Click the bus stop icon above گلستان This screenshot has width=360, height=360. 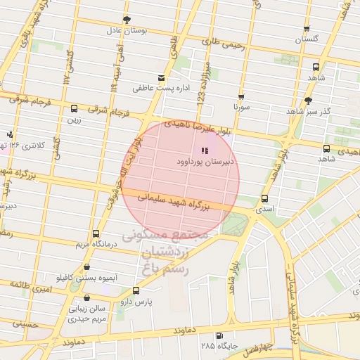[x=307, y=30]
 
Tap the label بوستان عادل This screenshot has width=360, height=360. [x=125, y=30]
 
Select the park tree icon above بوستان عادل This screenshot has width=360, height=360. [x=126, y=19]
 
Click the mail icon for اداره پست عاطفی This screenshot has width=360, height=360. [x=162, y=77]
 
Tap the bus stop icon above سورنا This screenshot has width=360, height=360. [x=241, y=98]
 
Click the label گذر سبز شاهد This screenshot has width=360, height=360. [x=309, y=112]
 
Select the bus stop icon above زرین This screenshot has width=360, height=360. [x=74, y=108]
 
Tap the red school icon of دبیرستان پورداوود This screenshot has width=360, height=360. [x=205, y=150]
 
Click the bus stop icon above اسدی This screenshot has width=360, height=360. [x=264, y=198]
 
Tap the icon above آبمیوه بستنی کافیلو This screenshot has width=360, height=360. [x=86, y=266]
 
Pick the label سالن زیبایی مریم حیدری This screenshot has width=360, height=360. [x=87, y=313]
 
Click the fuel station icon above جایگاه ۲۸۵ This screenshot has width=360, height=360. [x=219, y=335]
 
